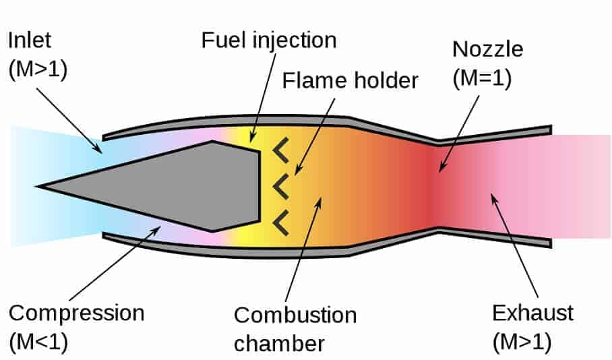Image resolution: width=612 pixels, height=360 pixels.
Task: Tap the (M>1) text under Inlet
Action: point(39,70)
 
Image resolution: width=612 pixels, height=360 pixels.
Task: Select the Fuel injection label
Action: point(268,40)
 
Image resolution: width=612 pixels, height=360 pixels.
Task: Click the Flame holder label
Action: point(350,81)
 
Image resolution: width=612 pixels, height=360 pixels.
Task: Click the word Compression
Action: point(78,313)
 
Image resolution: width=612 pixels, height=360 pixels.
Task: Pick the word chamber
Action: point(279,343)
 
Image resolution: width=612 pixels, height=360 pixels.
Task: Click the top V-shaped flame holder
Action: point(280,152)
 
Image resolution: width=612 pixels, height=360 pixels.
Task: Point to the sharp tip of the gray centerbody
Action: point(40,185)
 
